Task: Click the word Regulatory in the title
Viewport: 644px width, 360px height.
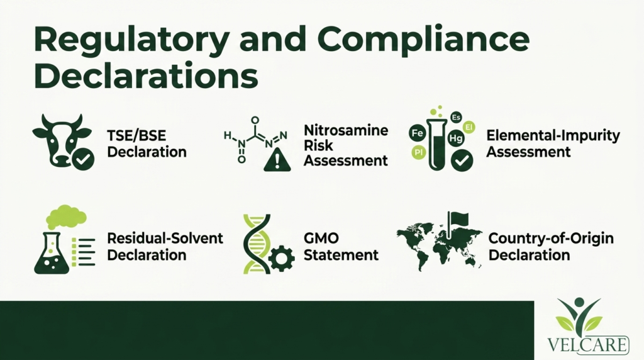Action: (x=131, y=40)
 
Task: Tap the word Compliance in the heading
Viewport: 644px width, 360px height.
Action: (x=423, y=40)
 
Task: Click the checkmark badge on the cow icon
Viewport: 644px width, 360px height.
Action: (x=84, y=159)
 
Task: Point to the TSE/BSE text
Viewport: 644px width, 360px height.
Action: (x=136, y=135)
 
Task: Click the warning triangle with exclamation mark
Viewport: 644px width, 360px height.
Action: (x=277, y=159)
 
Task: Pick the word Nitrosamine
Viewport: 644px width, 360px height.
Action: (x=346, y=130)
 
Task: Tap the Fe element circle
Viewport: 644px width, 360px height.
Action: (x=418, y=133)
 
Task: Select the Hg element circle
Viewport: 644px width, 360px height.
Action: (x=456, y=138)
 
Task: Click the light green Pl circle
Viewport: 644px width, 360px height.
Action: (x=418, y=153)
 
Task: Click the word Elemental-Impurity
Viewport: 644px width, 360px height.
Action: (x=553, y=136)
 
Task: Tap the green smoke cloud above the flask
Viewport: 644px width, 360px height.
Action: (x=65, y=217)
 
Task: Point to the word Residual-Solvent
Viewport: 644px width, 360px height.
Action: (x=165, y=239)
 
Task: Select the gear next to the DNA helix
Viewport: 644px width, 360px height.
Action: (x=281, y=258)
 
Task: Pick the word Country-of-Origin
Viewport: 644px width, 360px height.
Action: (x=551, y=239)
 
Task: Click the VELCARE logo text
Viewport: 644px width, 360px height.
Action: (x=588, y=345)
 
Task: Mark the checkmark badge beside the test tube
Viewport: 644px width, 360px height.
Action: (x=462, y=160)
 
